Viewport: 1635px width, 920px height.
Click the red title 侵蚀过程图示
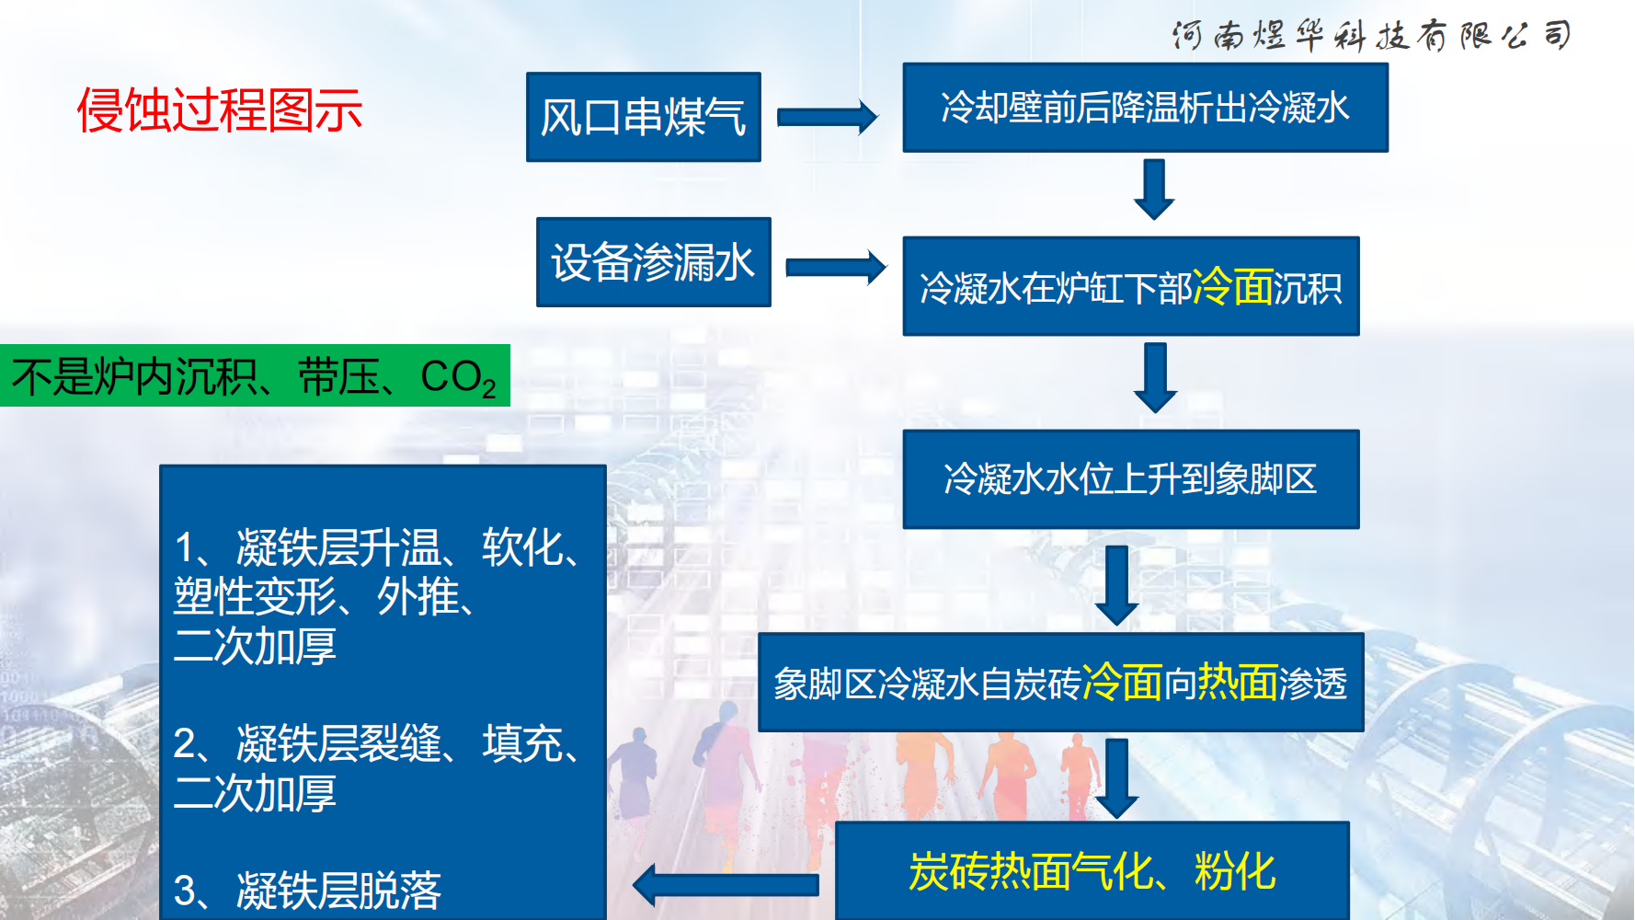click(219, 110)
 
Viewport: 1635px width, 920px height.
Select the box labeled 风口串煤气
click(643, 117)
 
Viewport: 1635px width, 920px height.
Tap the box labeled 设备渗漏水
click(653, 262)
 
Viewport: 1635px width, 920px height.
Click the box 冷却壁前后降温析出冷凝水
click(1145, 108)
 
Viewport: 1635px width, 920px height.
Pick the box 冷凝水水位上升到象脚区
click(1130, 479)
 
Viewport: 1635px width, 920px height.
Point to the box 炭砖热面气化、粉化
click(1092, 871)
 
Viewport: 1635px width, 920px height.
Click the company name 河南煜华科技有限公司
click(1371, 36)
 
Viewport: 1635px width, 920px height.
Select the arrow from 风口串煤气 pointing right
click(827, 117)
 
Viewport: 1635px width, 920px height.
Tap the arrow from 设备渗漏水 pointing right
click(835, 267)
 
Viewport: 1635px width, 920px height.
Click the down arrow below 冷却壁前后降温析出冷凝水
click(1154, 190)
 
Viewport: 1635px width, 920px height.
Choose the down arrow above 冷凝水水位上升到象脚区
click(1155, 377)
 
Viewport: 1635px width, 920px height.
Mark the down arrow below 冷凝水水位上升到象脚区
click(1117, 585)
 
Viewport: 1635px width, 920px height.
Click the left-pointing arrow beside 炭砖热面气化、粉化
click(726, 885)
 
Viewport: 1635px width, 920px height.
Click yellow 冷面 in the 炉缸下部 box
click(1232, 287)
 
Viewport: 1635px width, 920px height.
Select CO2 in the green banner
click(458, 377)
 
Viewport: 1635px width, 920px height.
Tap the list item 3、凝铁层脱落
click(307, 890)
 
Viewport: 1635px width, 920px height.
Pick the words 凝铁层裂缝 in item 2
click(338, 743)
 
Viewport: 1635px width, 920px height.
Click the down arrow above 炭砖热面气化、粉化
click(1117, 778)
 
